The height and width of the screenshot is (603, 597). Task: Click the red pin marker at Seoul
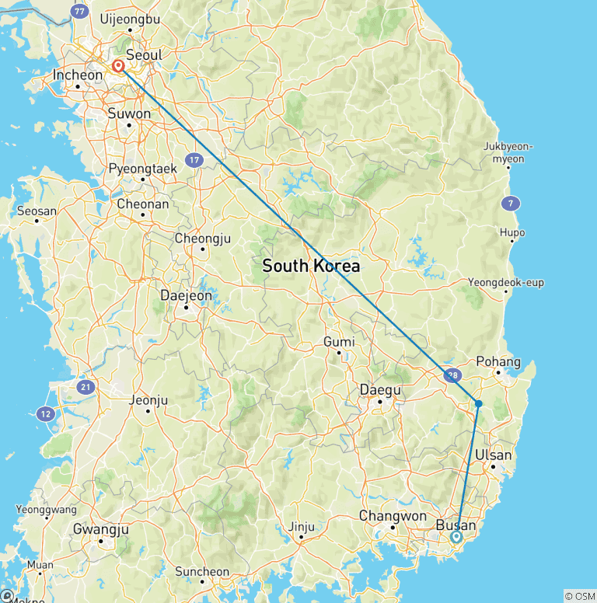click(118, 67)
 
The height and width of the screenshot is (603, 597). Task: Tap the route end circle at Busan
click(456, 536)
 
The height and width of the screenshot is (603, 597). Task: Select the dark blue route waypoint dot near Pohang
click(479, 403)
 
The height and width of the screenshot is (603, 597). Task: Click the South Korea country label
click(311, 266)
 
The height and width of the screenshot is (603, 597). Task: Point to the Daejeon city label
click(185, 295)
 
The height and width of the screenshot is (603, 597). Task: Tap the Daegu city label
click(380, 389)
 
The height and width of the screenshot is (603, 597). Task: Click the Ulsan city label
click(494, 455)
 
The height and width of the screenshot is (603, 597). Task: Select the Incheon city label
click(77, 75)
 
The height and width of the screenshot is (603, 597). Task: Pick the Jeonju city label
click(148, 401)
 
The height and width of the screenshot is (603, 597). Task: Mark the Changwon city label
click(393, 516)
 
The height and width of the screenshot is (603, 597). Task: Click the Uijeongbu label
click(130, 19)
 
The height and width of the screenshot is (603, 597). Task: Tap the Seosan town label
click(36, 211)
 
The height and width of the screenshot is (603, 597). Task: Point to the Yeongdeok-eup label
click(506, 282)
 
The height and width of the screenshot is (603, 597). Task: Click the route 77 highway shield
click(78, 12)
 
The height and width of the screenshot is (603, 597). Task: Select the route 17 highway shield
click(194, 161)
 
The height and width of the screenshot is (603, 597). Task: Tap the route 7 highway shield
click(510, 204)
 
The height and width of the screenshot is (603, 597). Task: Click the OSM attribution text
click(578, 596)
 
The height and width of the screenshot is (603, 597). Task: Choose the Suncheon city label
click(202, 572)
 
